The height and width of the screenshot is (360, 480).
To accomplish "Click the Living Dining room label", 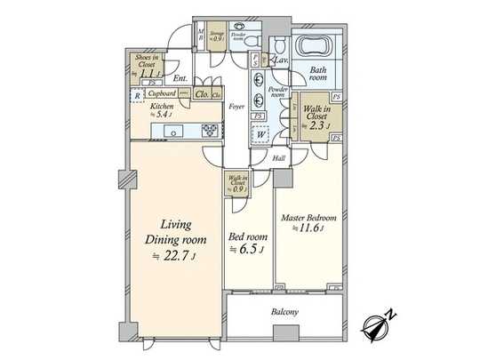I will (x=176, y=232).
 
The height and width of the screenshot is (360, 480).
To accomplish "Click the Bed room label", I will (x=246, y=237).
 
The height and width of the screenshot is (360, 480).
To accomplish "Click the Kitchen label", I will (x=163, y=107).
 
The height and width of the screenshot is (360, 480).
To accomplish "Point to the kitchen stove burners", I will (x=211, y=129).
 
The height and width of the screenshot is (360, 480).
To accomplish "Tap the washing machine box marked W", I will (x=260, y=136).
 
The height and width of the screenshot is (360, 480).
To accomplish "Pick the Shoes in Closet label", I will (x=147, y=60).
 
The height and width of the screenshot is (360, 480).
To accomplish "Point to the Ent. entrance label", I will (x=180, y=79).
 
